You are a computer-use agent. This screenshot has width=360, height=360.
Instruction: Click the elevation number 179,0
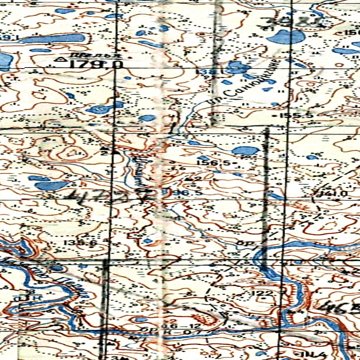96,64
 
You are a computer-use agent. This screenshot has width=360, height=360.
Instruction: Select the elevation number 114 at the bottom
311,354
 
